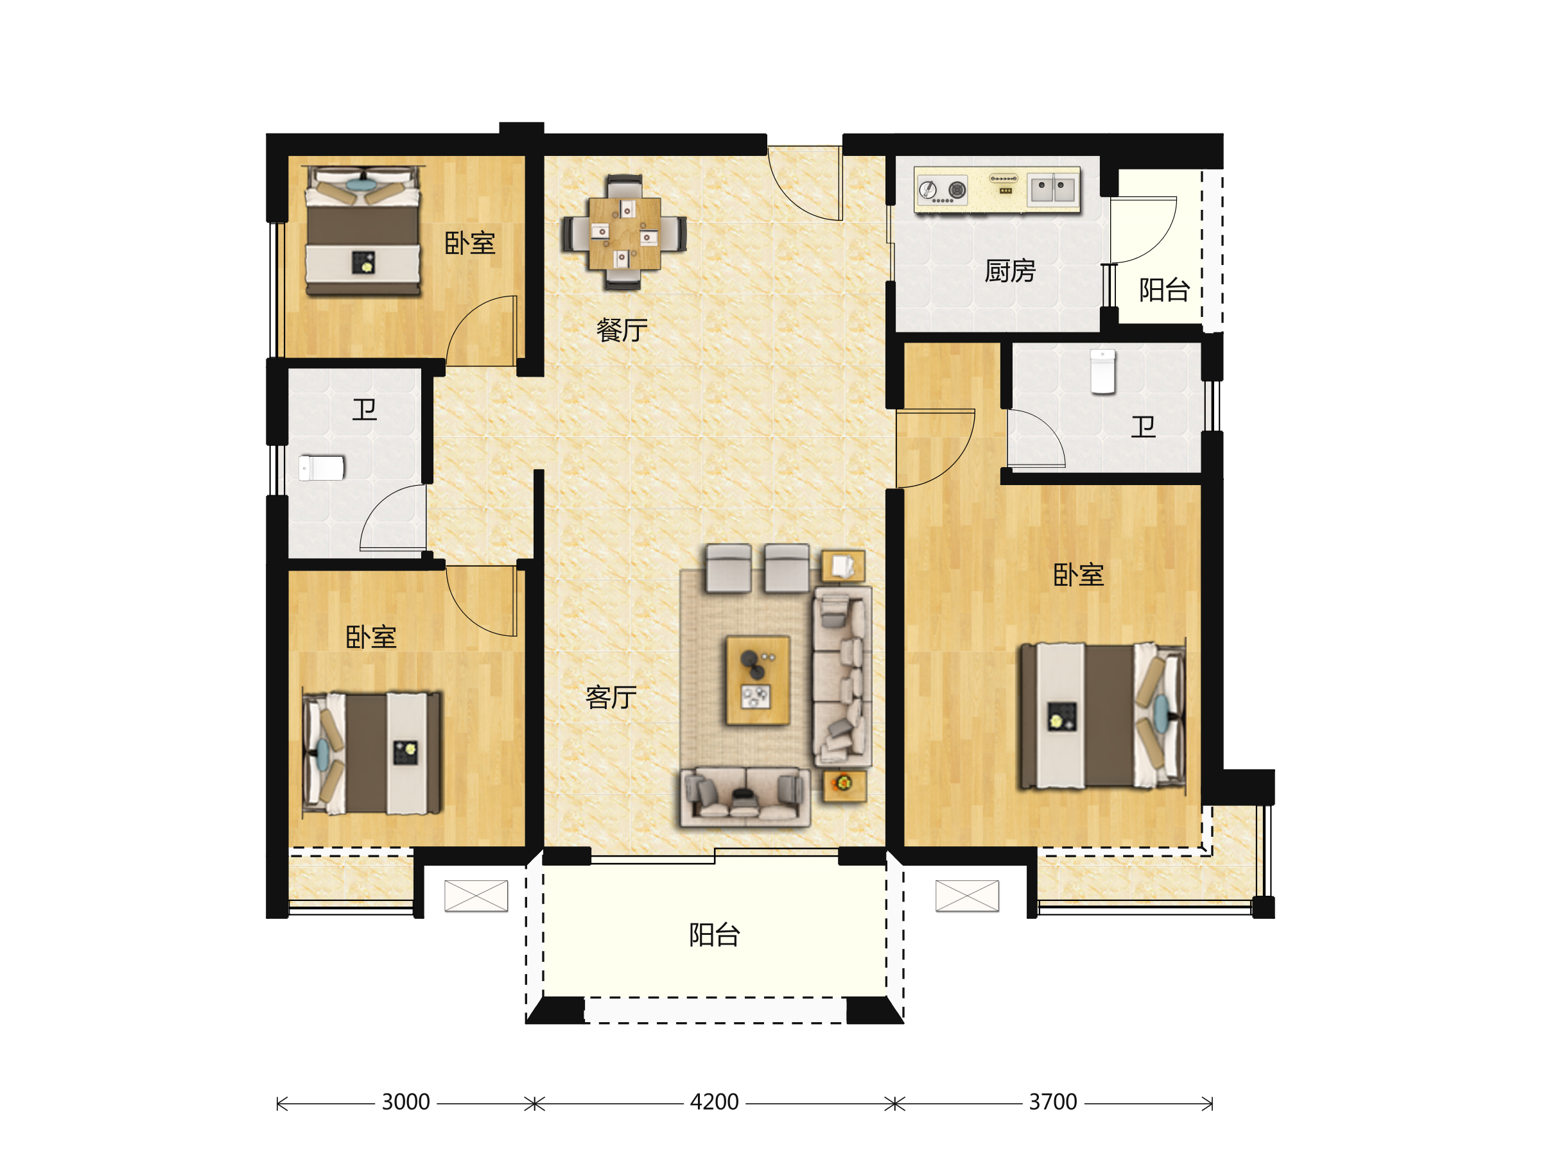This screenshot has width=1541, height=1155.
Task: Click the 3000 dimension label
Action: coord(405,1102)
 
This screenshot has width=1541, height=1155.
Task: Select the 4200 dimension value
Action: coord(714,1102)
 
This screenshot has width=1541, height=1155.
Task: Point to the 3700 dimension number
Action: coord(1052,1102)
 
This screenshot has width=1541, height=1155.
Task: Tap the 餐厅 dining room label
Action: coord(622,330)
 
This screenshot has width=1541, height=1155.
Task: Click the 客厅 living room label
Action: coord(611,697)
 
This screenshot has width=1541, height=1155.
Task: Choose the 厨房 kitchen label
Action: coord(1009,271)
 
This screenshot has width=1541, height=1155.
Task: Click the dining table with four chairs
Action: coord(624,232)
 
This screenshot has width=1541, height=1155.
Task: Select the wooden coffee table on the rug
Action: coord(758,680)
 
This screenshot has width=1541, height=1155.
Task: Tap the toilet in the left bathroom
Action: coord(321,468)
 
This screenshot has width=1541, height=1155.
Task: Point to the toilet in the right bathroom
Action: coord(1103,372)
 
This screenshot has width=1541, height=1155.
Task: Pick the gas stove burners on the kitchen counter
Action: coord(943,190)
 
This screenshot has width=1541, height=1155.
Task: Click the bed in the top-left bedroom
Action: coord(363,231)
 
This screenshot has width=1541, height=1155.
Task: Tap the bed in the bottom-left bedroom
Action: coord(371,753)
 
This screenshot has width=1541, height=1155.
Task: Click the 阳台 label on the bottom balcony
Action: coord(714,935)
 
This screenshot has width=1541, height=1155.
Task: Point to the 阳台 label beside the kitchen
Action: coord(1164,289)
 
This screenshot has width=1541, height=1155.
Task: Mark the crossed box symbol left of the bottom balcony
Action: coord(476,896)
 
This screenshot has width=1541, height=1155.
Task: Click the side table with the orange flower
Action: coord(844,785)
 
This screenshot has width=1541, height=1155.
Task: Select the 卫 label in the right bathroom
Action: coord(1143,427)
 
